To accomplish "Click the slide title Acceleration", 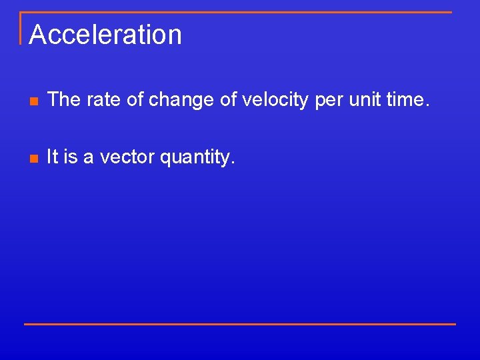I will tap(105, 35).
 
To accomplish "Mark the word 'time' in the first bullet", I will tap(408, 100).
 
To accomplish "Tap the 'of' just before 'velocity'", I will tap(227, 100).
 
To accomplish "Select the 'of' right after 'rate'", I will tap(131, 100).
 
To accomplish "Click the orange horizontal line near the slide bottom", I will tap(240, 324).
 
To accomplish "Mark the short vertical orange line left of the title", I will tap(21, 28).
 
